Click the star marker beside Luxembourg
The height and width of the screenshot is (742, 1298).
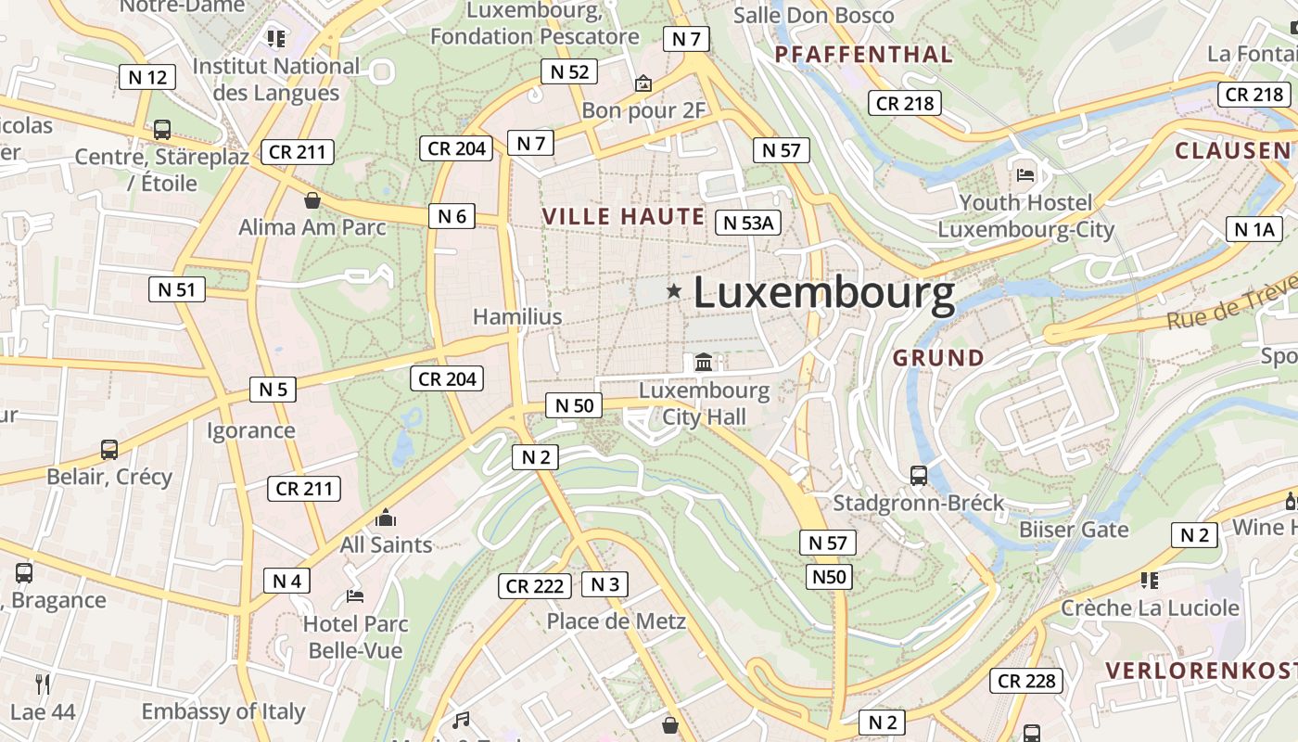(674, 291)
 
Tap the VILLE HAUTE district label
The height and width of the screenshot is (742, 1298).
(623, 217)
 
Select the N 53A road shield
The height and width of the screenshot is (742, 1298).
(749, 223)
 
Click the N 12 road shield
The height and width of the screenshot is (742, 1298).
(147, 77)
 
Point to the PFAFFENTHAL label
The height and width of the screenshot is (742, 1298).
(863, 55)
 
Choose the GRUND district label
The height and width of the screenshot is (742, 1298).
(938, 357)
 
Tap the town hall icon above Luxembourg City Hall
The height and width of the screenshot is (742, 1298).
(704, 362)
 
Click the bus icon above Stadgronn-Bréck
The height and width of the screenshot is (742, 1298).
(919, 476)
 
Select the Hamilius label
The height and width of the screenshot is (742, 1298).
(517, 316)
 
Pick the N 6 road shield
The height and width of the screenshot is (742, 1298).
(452, 216)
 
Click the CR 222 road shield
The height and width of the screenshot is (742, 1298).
(535, 586)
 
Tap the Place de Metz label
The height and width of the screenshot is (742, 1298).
(616, 620)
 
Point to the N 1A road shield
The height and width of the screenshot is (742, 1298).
(1254, 229)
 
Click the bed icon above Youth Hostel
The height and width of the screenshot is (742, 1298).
(1025, 174)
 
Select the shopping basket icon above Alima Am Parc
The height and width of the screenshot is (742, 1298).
(312, 200)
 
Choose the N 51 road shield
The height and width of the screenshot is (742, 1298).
(176, 289)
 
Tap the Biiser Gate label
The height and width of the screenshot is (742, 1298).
(1074, 530)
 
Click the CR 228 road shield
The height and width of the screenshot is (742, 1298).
(1026, 681)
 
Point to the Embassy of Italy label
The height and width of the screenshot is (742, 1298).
(223, 711)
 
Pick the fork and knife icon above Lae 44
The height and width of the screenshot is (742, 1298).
(43, 684)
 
